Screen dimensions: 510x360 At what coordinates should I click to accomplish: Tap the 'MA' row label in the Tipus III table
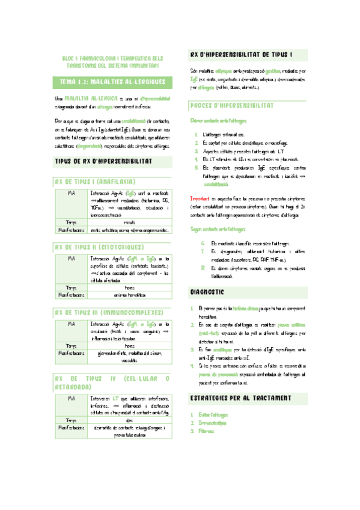(71, 324)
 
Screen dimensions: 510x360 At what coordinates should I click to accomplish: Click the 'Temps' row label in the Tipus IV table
(71, 420)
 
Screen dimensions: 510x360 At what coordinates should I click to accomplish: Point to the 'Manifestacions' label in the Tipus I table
(71, 229)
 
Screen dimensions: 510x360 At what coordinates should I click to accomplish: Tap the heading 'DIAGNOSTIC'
(207, 292)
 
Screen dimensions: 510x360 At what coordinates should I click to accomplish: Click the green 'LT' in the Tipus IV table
(113, 399)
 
